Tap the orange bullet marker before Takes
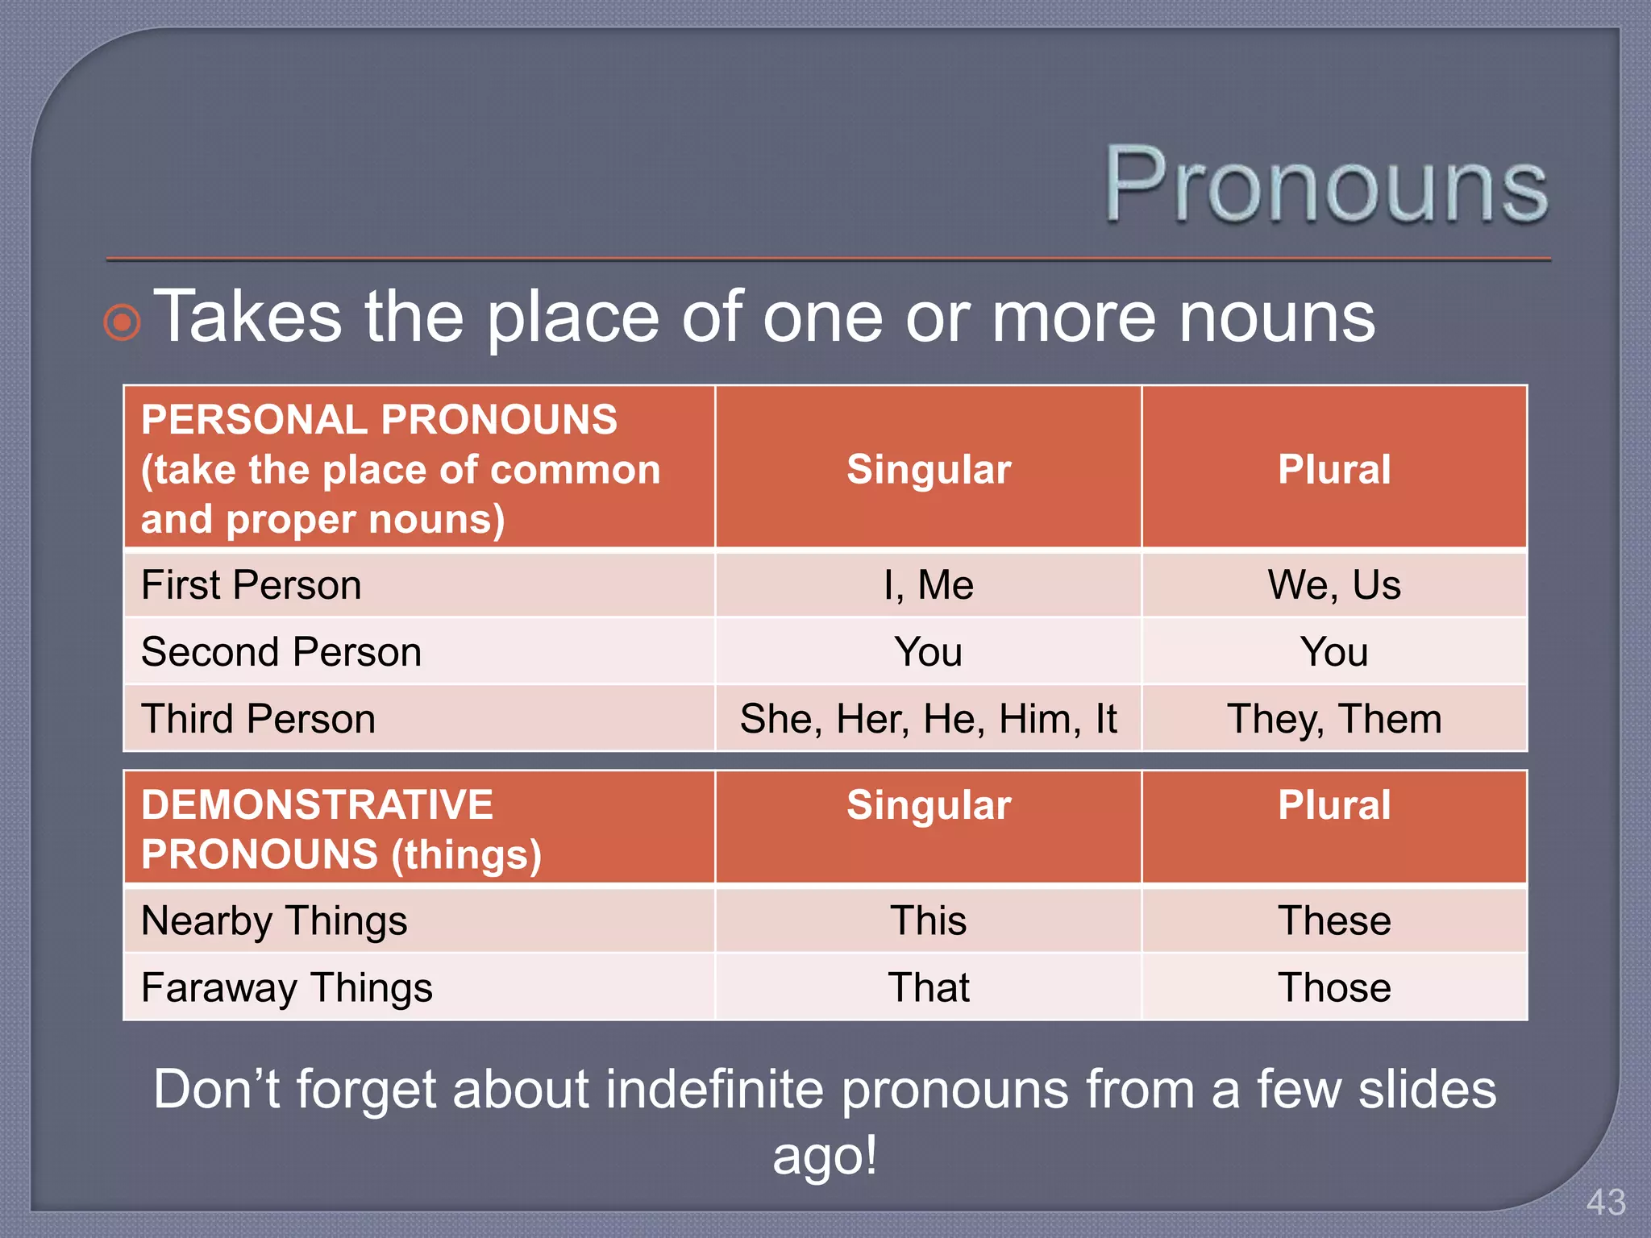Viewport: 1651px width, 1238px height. pyautogui.click(x=123, y=322)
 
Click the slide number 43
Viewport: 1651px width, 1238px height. pyautogui.click(x=1605, y=1203)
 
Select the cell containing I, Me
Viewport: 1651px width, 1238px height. pyautogui.click(x=928, y=585)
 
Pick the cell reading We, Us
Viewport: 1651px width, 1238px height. pyautogui.click(x=1334, y=585)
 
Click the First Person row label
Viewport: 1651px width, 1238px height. pyautogui.click(x=252, y=585)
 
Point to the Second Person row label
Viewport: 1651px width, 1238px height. pyautogui.click(x=281, y=652)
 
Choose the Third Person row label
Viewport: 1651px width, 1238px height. pyautogui.click(x=259, y=719)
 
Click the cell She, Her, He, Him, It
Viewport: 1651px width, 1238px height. pyautogui.click(x=928, y=719)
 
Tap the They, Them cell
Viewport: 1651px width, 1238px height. pyautogui.click(x=1334, y=719)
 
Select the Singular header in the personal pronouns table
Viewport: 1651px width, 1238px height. pyautogui.click(x=929, y=469)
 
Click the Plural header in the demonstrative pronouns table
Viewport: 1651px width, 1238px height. pyautogui.click(x=1334, y=805)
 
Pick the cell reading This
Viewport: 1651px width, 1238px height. pyautogui.click(x=928, y=920)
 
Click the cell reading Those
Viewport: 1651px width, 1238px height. pyautogui.click(x=1334, y=987)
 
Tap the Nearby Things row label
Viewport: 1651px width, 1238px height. pyautogui.click(x=274, y=920)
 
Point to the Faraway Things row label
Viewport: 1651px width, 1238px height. pyautogui.click(x=287, y=987)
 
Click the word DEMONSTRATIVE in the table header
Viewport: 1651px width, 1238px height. pyautogui.click(x=317, y=805)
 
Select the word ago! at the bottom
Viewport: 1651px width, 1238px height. pyautogui.click(x=824, y=1155)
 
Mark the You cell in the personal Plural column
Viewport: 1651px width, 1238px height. pyautogui.click(x=1334, y=652)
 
